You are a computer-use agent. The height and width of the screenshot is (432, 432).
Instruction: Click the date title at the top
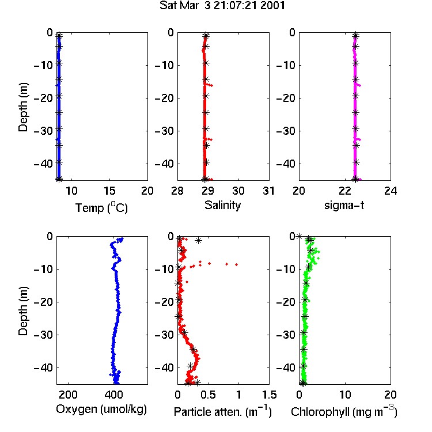point(222,6)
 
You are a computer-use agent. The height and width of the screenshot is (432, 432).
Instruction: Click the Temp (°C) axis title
point(101,207)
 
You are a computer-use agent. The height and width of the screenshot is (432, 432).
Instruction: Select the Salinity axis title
point(222,205)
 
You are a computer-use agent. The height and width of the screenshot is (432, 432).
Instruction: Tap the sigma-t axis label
point(344,205)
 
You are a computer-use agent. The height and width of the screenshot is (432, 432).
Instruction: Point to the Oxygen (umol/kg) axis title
point(101,410)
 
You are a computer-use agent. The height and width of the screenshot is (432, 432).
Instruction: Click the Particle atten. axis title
point(222,412)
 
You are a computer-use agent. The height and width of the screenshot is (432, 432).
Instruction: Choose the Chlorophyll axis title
point(344,412)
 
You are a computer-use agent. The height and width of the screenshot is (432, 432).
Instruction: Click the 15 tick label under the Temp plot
point(109,191)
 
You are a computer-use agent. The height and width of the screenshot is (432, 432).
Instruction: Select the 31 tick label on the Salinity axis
point(268,191)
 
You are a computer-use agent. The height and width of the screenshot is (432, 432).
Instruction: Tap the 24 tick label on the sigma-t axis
point(391,191)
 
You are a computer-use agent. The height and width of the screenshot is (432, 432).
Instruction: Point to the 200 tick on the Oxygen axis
point(68,395)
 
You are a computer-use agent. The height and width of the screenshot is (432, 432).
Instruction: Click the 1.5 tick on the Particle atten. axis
point(269,395)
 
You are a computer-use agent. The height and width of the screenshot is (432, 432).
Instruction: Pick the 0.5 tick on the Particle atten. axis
point(208,395)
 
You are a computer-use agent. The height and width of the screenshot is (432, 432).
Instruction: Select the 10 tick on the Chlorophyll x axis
point(345,395)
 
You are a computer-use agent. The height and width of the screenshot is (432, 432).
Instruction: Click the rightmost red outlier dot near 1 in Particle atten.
point(236,264)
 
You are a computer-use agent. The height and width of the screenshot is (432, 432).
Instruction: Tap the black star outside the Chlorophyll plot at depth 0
point(299,236)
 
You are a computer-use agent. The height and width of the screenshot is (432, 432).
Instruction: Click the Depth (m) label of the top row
point(23,107)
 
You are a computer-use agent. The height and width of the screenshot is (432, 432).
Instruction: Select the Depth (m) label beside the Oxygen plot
point(23,311)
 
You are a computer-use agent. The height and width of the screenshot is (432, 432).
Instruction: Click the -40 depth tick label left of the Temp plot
point(43,164)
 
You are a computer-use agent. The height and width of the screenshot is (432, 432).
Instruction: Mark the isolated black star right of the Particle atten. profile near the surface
point(198,241)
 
